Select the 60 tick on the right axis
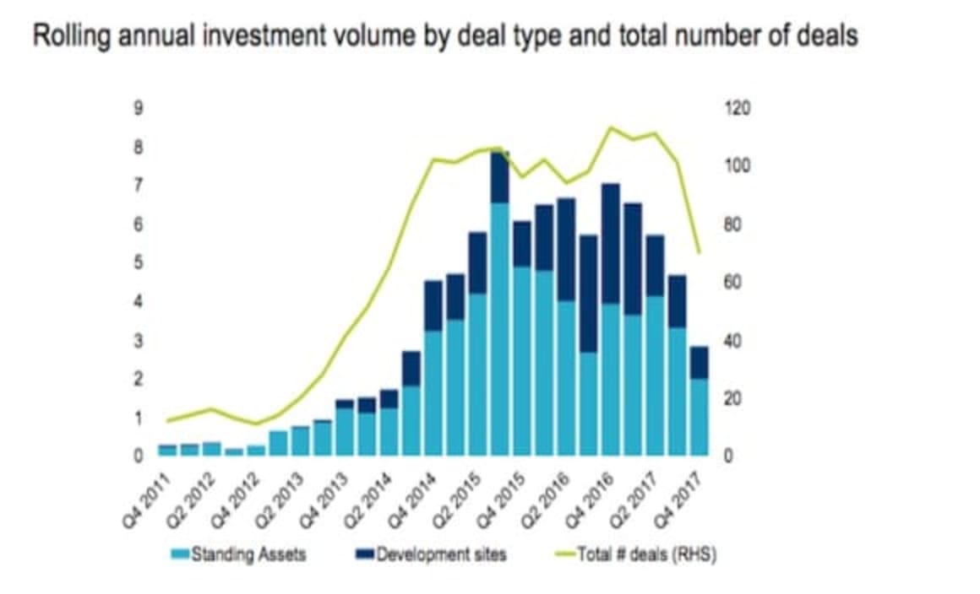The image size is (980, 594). click(x=734, y=282)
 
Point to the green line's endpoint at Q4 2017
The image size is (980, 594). click(x=699, y=251)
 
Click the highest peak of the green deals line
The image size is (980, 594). click(x=610, y=128)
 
